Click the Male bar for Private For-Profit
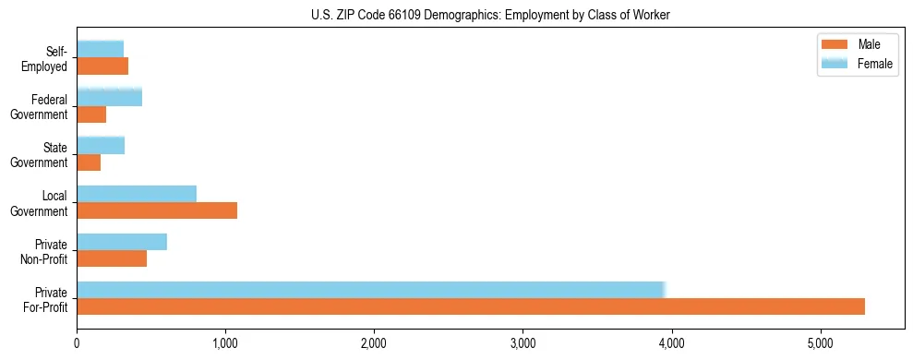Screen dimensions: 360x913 click(471, 306)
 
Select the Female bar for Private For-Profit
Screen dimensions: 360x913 click(370, 289)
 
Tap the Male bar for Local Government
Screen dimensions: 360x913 click(157, 210)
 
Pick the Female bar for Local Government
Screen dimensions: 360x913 click(137, 194)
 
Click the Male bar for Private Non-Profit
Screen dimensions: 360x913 click(112, 258)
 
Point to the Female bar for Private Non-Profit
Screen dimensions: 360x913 click(122, 242)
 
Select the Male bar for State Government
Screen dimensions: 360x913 click(89, 162)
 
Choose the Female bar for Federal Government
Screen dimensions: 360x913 click(109, 97)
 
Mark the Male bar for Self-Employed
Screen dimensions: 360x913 click(102, 66)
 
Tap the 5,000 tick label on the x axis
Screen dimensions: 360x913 click(820, 343)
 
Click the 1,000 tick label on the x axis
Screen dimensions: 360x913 click(225, 343)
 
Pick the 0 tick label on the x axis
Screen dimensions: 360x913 click(77, 343)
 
